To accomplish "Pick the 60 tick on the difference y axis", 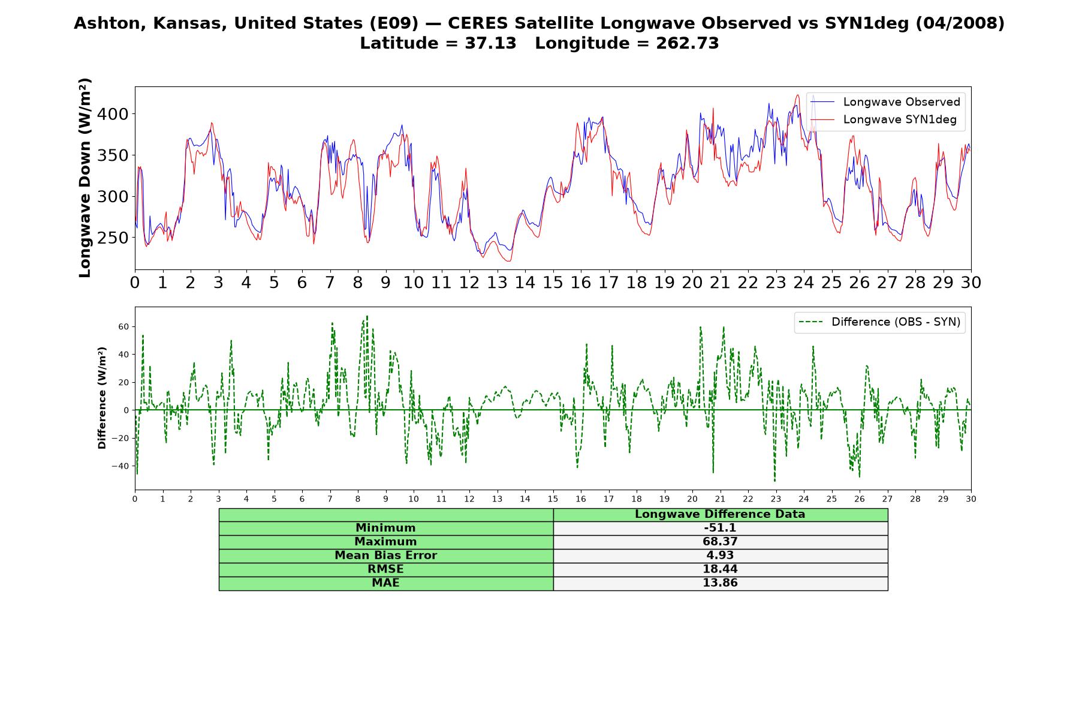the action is tap(124, 326).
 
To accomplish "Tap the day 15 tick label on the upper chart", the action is tap(553, 283).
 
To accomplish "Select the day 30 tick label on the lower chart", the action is tap(971, 499).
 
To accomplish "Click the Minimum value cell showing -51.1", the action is tap(720, 528).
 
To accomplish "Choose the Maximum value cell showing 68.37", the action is tap(720, 542).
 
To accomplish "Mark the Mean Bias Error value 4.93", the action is tap(720, 556).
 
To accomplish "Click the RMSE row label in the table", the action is tap(385, 569).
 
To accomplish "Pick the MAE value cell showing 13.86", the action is tap(720, 583).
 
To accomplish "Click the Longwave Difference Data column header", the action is tap(720, 514).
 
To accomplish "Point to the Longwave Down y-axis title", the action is tap(85, 178).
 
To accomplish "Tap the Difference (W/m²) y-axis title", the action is tap(102, 398).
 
